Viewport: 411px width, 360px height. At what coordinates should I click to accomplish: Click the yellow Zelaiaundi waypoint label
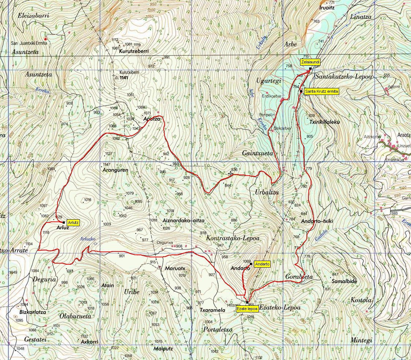[x=310, y=62]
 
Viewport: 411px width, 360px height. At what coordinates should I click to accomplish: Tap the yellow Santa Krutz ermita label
[x=322, y=91]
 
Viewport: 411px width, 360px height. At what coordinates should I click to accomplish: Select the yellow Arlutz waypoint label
[x=73, y=222]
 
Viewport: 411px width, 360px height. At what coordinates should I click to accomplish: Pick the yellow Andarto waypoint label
[x=262, y=264]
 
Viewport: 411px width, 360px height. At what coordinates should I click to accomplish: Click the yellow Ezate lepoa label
[x=247, y=309]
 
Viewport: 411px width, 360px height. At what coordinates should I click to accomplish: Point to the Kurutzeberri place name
[x=133, y=51]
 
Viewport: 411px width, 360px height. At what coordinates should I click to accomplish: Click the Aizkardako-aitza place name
[x=183, y=221]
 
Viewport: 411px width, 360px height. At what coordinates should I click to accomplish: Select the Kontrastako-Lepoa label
[x=233, y=238]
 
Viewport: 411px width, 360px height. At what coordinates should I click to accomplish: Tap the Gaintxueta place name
[x=258, y=153]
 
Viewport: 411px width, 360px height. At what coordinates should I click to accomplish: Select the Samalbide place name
[x=344, y=281]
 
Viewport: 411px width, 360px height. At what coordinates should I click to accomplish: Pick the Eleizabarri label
[x=33, y=16]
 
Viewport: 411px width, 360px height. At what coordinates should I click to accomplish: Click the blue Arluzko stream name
[x=88, y=239]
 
